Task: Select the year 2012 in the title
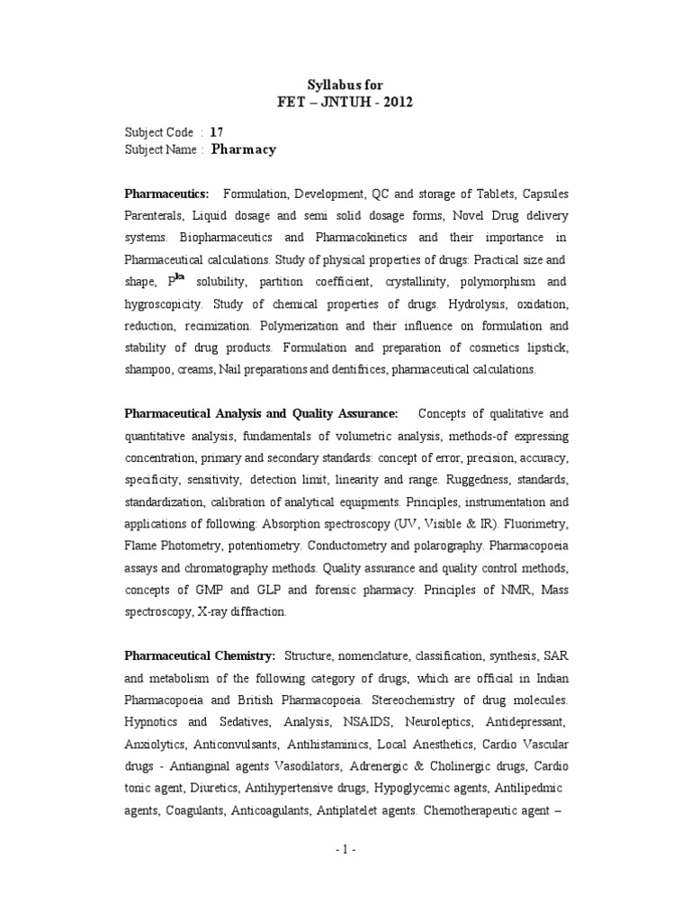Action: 397,102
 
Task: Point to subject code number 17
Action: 216,131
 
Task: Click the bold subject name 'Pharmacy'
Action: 243,149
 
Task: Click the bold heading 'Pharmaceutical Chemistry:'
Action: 201,653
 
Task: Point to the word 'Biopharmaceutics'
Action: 229,237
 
